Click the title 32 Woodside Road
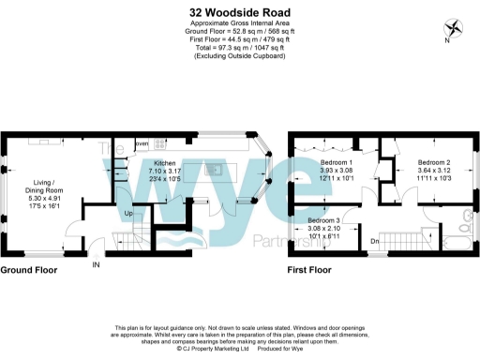(x=239, y=11)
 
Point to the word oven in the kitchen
(x=142, y=144)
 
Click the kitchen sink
(x=216, y=170)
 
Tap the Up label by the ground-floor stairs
(x=128, y=214)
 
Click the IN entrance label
(x=95, y=264)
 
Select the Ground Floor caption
(x=28, y=270)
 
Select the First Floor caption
(x=309, y=270)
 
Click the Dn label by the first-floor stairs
(x=374, y=241)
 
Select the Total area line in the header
(x=239, y=50)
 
